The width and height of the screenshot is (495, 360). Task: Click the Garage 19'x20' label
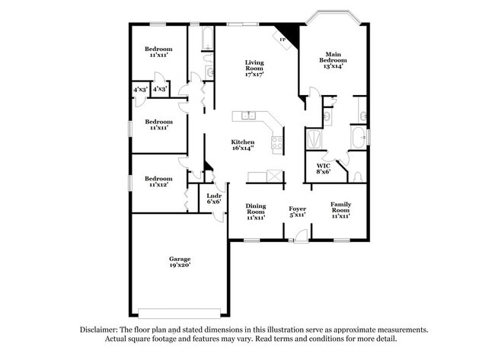pyautogui.click(x=180, y=262)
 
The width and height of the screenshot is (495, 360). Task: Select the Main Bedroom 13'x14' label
pyautogui.click(x=333, y=60)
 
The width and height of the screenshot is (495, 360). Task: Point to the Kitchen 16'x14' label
pyautogui.click(x=243, y=145)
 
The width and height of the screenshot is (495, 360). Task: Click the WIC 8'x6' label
pyautogui.click(x=324, y=168)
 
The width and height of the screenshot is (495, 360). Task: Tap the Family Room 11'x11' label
pyautogui.click(x=340, y=209)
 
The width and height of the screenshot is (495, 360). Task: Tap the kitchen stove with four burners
pyautogui.click(x=277, y=142)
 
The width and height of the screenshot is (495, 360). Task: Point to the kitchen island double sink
pyautogui.click(x=247, y=116)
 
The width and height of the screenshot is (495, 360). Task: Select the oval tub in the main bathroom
pyautogui.click(x=359, y=139)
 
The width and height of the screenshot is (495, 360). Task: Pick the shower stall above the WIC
pyautogui.click(x=313, y=139)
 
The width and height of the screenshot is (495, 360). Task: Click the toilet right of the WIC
pyautogui.click(x=359, y=176)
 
